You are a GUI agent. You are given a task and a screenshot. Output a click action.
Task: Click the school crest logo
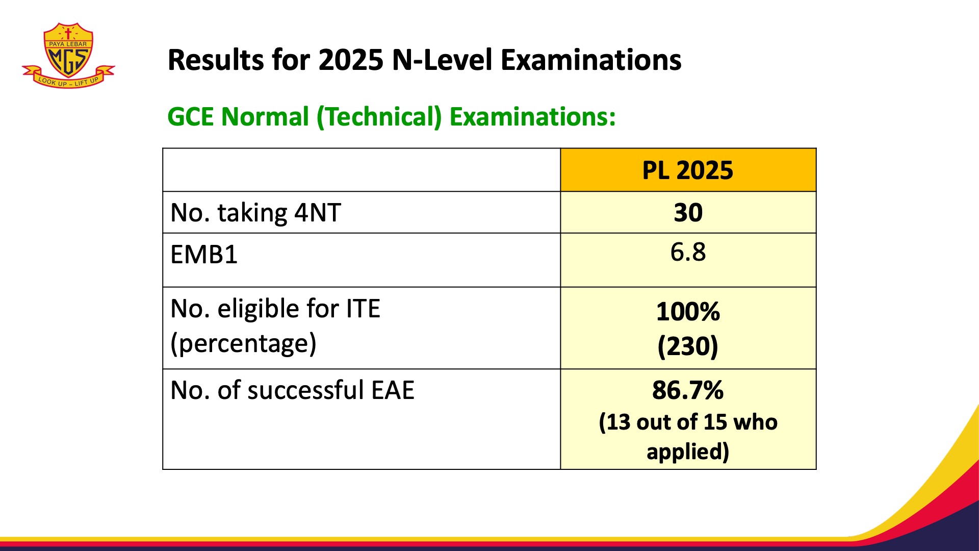coord(68,55)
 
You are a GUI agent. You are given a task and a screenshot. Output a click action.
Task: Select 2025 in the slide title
coord(351,60)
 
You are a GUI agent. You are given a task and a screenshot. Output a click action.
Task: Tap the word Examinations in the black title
coord(591,60)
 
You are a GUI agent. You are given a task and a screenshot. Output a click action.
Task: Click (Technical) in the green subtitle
coord(379,117)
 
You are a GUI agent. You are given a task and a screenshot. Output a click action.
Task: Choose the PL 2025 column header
coord(688,170)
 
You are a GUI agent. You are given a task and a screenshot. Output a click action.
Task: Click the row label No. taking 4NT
coord(255,213)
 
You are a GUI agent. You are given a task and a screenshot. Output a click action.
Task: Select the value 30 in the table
coord(688,212)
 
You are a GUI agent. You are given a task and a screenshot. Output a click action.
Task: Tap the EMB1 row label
coord(204,255)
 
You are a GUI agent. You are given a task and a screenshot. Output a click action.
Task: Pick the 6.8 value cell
coord(688,252)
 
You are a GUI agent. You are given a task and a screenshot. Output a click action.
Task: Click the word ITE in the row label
coord(363,309)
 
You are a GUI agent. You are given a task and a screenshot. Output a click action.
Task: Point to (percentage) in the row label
coord(243,343)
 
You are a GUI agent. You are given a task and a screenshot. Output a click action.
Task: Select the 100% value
coord(688,312)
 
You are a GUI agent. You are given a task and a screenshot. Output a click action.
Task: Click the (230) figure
coord(688,346)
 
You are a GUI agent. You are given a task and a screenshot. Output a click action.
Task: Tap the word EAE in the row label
coord(393,390)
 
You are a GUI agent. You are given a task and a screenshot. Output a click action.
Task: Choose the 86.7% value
coord(688,390)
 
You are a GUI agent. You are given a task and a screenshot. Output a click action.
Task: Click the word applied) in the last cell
coord(688,452)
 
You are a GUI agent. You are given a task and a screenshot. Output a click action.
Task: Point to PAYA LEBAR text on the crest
coord(68,44)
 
